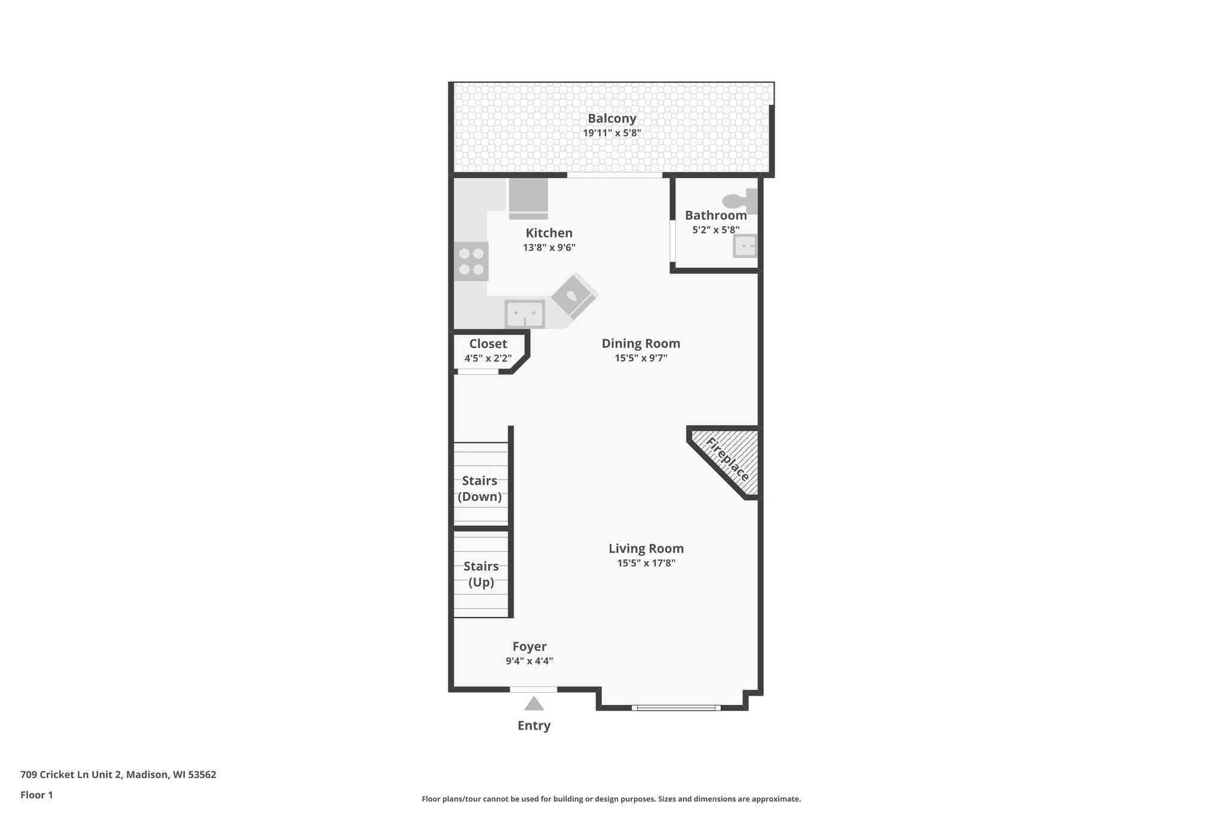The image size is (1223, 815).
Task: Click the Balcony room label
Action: [x=611, y=118]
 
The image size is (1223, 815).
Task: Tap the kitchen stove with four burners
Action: [x=471, y=262]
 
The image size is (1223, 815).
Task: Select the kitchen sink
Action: [x=525, y=314]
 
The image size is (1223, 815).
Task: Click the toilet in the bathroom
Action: [x=739, y=201]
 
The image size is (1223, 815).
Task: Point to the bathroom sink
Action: [x=745, y=246]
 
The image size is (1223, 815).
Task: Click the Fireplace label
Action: [x=727, y=459]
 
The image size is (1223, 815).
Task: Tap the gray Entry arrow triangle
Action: [x=534, y=704]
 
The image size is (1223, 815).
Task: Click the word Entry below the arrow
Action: [x=534, y=725]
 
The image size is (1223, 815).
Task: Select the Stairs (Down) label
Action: [x=480, y=488]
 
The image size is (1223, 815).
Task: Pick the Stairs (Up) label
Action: [x=481, y=574]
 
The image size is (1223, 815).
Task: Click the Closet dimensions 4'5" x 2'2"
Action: [x=488, y=358]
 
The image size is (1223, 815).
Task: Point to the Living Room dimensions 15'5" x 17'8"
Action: [x=646, y=562]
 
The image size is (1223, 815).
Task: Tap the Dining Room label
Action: [x=641, y=343]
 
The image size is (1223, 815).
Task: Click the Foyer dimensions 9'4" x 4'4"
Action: [x=529, y=661]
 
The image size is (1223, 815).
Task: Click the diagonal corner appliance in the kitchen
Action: [x=574, y=295]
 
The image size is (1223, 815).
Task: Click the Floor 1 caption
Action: [x=36, y=795]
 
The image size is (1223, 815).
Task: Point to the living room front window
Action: [x=676, y=708]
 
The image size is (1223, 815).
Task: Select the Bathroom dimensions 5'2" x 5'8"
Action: [x=715, y=229]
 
